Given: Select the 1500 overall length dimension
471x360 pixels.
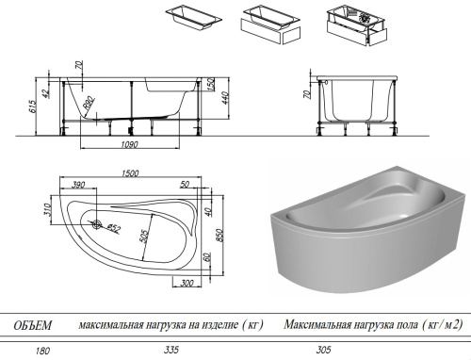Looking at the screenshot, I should tap(131, 172).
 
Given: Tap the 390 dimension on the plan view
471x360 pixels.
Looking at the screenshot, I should tap(80, 185).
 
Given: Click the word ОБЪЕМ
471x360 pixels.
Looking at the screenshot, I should tap(32, 325).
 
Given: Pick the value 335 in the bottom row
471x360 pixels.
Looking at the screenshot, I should tap(171, 350).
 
